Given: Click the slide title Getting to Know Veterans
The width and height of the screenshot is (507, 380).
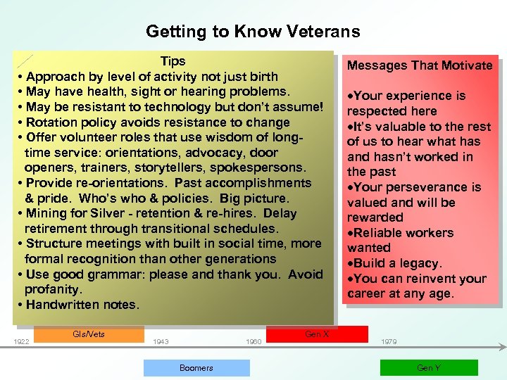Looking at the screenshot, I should coord(253,32).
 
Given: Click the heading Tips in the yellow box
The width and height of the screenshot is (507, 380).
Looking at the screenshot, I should coord(173,61).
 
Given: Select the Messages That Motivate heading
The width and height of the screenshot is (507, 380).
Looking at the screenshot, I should coord(420,65).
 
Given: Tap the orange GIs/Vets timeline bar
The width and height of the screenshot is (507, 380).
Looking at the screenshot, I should coord(89,334).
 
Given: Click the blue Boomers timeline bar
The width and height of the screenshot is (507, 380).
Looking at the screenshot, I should coord(196,367).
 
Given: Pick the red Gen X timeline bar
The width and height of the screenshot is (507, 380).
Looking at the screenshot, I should coord(317,334).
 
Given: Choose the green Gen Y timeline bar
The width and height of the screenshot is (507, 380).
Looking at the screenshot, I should coord(428,367).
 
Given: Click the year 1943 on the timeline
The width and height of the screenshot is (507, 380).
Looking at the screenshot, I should coord(161,342).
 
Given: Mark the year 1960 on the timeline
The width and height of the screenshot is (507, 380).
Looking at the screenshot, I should coord(254,342).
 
